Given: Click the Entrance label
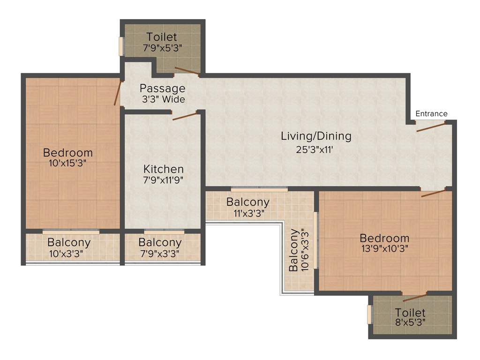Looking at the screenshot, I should click(431, 113).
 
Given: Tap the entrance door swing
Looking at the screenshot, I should click(430, 127).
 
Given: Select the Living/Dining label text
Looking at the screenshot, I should click(316, 136).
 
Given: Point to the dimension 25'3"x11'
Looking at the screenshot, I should click(316, 150).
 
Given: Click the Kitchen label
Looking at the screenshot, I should click(163, 169).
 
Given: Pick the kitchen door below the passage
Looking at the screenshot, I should click(184, 116).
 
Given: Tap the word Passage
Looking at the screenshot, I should click(163, 88).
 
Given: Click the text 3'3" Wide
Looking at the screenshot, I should click(163, 99).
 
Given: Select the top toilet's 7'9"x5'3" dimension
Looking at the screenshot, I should click(162, 47).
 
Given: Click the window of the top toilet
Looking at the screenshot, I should click(121, 46).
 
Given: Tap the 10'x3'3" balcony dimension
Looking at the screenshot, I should click(69, 254).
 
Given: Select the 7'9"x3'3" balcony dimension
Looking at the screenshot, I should click(160, 254).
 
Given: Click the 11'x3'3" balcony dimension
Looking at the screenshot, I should click(247, 213).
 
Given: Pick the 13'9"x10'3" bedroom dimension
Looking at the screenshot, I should click(384, 249).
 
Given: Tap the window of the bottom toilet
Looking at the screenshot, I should click(369, 314).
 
